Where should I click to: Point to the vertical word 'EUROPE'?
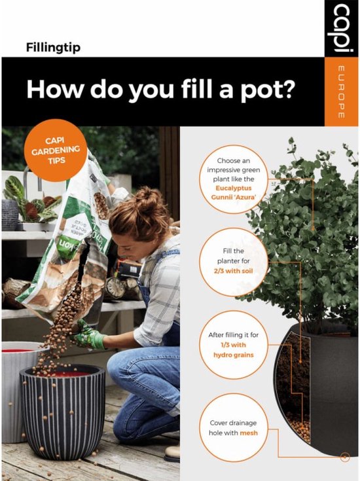tap(341, 92)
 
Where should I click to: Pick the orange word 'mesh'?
tap(248, 433)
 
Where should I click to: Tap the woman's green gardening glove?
tap(89, 336)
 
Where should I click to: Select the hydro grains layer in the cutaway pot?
tap(300, 429)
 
